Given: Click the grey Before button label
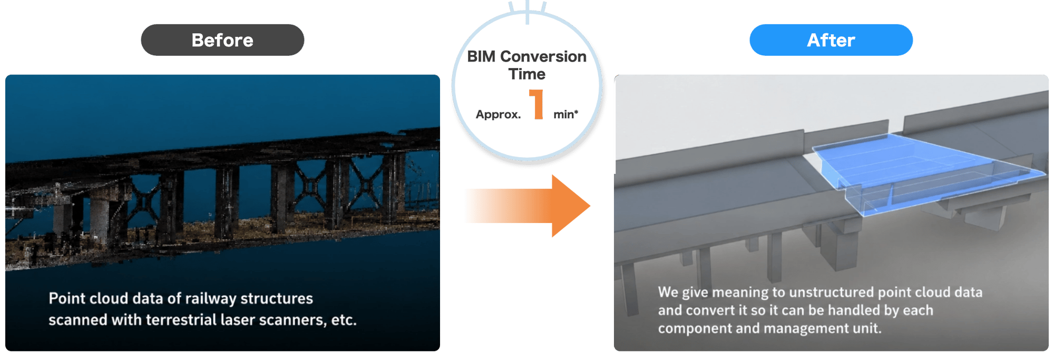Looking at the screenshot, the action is tap(222, 40).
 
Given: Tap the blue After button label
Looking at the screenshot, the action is tap(831, 40).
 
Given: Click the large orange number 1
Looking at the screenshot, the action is tap(536, 104).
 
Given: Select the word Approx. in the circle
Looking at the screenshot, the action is tap(498, 114).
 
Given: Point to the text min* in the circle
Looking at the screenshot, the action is tap(565, 114).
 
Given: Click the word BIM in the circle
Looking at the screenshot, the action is tap(481, 56).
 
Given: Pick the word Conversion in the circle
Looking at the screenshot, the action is tap(543, 56).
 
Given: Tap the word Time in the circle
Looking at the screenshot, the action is tap(527, 74).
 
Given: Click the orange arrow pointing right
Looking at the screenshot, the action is tap(527, 206).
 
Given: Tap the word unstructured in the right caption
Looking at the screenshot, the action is tap(832, 292).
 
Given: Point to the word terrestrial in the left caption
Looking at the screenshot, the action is tap(181, 320).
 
